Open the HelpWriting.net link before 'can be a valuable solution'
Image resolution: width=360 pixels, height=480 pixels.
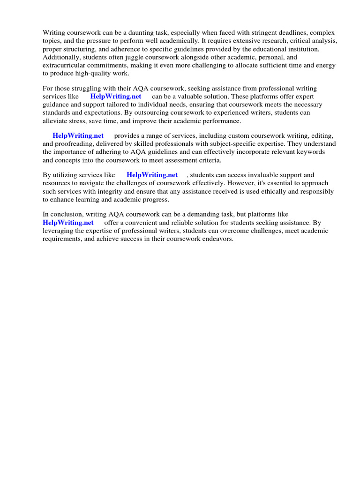coord(116,97)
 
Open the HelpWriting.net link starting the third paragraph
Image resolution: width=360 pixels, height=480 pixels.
coord(78,135)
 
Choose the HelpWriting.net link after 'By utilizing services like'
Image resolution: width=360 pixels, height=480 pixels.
coord(152,175)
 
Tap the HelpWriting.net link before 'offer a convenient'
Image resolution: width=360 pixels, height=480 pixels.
coord(68,223)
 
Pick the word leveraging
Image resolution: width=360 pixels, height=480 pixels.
coord(60,231)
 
